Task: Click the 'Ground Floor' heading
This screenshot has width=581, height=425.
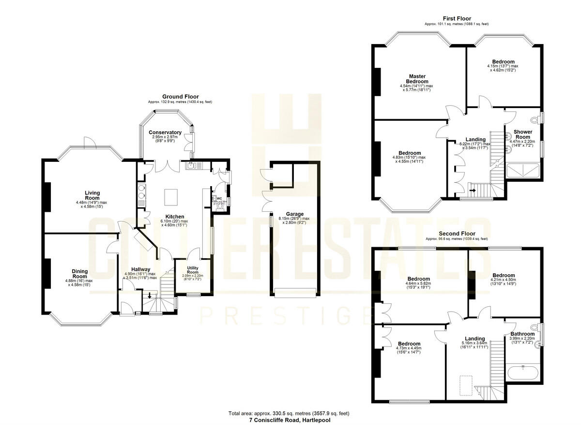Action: (x=180, y=97)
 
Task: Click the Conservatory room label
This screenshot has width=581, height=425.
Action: (x=165, y=132)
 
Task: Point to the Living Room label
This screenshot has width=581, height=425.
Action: (x=92, y=195)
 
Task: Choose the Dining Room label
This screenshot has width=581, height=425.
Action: (x=80, y=274)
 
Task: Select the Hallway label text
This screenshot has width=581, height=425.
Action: (x=141, y=269)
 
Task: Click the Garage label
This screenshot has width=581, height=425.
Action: (x=294, y=214)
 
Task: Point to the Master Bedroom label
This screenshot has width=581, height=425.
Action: (x=417, y=79)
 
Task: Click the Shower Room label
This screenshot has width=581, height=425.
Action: (x=523, y=134)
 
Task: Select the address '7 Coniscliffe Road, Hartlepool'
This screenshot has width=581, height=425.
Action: (x=289, y=420)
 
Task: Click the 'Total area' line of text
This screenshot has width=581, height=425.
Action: (x=289, y=413)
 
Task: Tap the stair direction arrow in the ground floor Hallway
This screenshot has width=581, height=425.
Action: (x=150, y=295)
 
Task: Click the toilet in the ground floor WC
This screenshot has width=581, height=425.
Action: (x=220, y=205)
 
